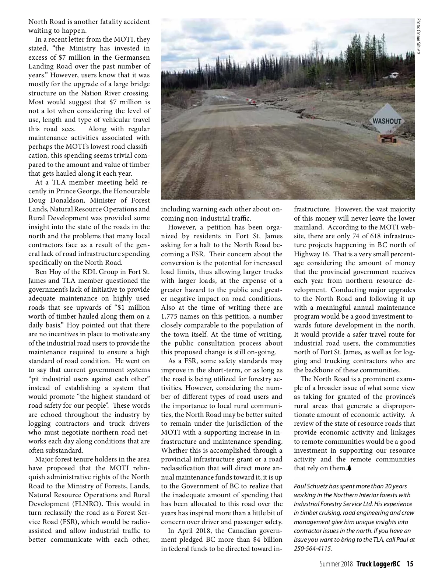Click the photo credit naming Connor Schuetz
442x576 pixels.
418,37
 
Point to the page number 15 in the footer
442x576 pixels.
410,564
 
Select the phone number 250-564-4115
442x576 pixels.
312,548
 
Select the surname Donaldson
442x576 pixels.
66,200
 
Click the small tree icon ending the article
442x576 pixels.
349,468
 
